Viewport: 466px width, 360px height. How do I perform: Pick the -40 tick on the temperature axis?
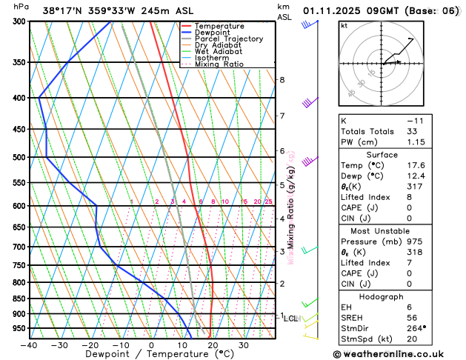(x=29, y=345)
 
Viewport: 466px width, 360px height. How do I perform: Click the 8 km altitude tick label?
(x=282, y=80)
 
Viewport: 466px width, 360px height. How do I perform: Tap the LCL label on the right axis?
(x=290, y=319)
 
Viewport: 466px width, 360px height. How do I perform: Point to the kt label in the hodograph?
(x=343, y=25)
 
